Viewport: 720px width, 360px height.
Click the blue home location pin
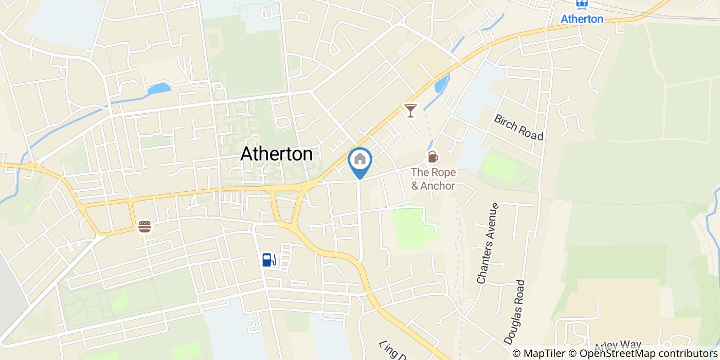360,160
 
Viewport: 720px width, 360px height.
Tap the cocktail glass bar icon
410,110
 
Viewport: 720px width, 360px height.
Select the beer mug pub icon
433,156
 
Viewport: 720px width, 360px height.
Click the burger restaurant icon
145,226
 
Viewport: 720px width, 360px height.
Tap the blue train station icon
582,5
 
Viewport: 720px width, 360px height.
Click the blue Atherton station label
582,19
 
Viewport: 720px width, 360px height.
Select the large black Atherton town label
276,154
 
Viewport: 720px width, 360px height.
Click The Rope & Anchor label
433,178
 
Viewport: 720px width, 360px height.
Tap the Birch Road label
518,127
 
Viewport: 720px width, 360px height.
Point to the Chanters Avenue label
488,244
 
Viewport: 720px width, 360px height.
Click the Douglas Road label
515,312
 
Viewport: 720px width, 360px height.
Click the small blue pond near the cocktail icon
441,84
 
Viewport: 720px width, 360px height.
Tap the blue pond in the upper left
159,89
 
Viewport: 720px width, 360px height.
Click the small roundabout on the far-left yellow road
34,166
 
